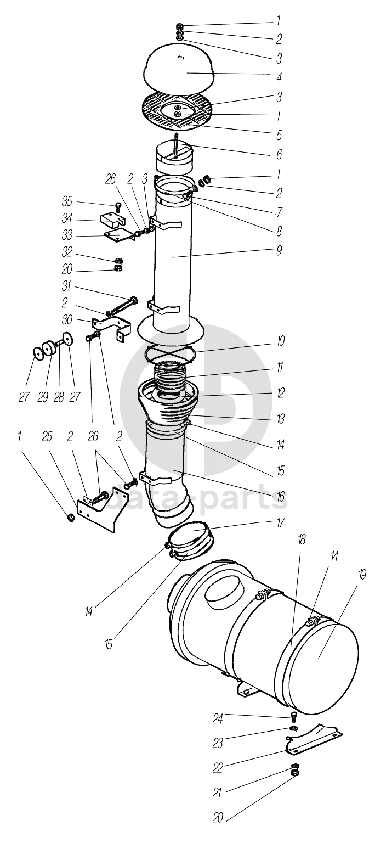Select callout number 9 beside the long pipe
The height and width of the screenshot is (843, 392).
tap(279, 251)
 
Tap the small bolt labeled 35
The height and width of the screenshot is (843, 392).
tap(118, 207)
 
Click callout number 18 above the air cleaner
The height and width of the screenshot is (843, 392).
tap(302, 540)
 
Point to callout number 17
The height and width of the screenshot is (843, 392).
tap(280, 522)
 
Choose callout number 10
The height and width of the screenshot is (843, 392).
tap(280, 341)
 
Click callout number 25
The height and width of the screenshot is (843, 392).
tap(47, 437)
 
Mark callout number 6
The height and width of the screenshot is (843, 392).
tap(279, 155)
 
